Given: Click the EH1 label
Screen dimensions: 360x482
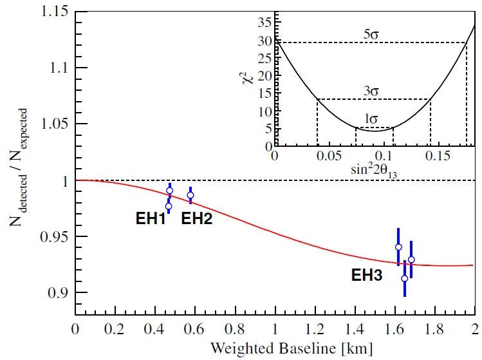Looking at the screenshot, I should tap(151, 218).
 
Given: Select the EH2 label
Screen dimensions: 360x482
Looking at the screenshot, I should tap(197, 218).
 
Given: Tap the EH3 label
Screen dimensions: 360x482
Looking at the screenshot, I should tap(366, 276).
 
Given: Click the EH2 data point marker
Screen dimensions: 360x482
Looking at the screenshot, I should tap(190, 195).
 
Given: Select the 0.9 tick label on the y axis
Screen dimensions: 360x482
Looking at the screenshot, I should tap(59, 293).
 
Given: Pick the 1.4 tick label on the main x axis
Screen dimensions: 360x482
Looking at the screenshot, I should tap(355, 327).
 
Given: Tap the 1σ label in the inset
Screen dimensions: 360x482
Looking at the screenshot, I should tap(371, 119).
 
